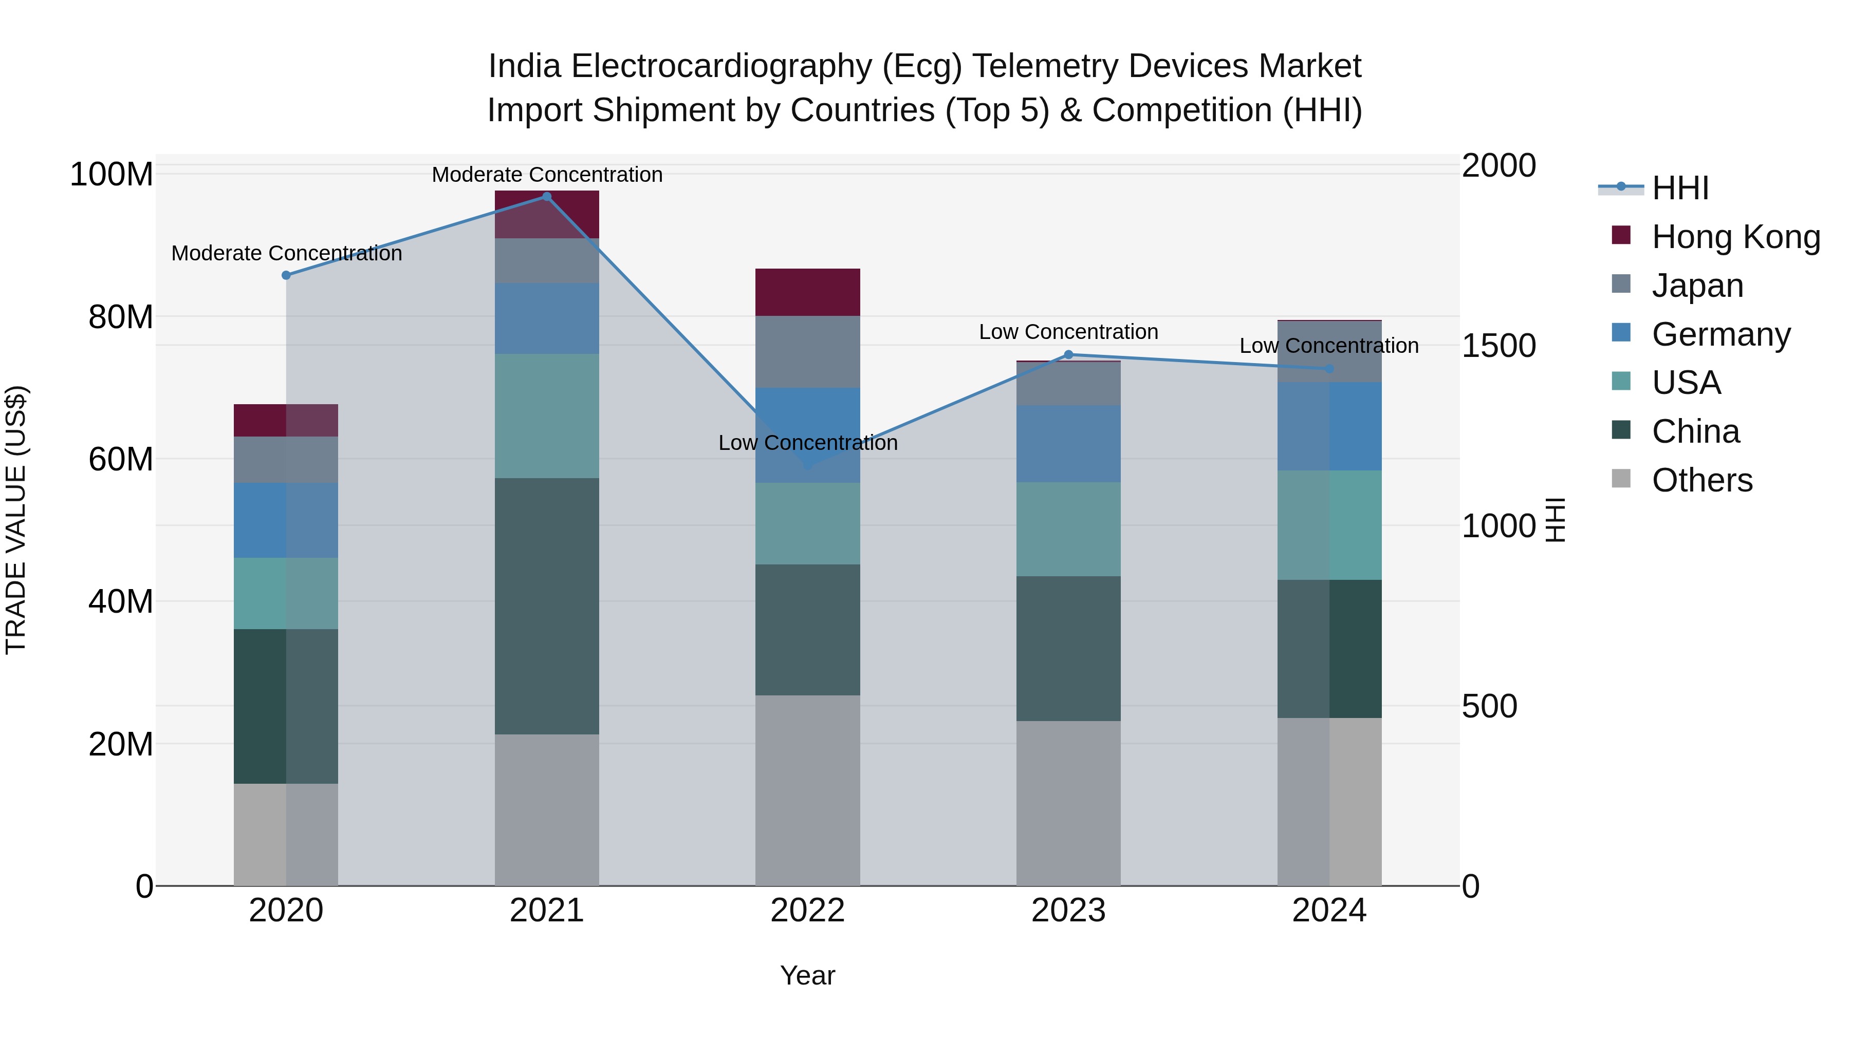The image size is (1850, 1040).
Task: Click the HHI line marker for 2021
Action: coord(547,197)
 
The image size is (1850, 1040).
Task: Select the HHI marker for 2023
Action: coord(1068,354)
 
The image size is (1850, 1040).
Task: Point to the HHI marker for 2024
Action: coord(1328,369)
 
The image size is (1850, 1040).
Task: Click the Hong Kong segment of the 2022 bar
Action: coord(807,292)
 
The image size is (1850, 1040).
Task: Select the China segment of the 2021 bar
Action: coord(547,606)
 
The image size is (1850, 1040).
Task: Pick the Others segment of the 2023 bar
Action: coord(1068,803)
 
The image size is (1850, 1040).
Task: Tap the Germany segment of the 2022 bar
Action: coord(807,435)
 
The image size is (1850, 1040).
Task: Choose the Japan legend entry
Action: coord(1697,286)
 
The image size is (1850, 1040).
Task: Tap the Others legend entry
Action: coord(1701,480)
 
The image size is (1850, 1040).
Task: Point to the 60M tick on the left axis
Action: coord(121,459)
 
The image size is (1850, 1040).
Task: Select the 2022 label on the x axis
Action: coord(807,911)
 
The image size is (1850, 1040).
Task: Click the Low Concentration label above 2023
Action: coord(1068,332)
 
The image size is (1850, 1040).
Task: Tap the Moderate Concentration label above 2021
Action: coord(547,175)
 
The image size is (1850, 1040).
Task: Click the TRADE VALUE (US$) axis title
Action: coord(16,520)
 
